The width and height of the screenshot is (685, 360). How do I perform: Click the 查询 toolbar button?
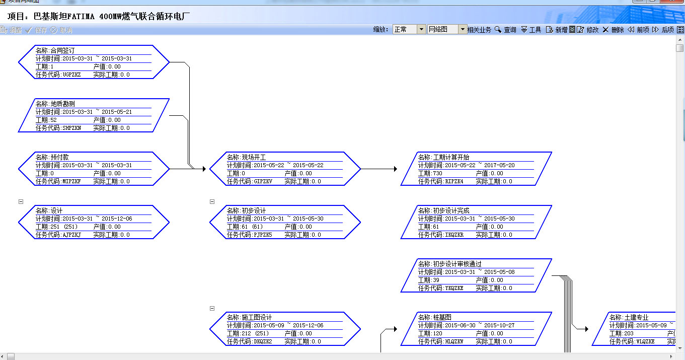(x=506, y=30)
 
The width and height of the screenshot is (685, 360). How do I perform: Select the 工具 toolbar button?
(x=531, y=30)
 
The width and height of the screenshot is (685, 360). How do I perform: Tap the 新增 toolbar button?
(x=557, y=30)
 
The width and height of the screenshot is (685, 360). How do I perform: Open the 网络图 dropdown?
(x=463, y=30)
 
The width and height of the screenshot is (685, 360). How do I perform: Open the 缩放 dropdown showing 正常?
(x=422, y=30)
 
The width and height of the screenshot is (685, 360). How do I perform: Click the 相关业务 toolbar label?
(x=479, y=30)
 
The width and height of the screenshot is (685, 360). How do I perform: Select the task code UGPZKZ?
(x=71, y=75)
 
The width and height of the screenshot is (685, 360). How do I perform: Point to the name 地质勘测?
(x=62, y=104)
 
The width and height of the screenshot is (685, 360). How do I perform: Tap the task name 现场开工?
(x=254, y=157)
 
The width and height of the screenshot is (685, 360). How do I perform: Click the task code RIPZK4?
(x=453, y=181)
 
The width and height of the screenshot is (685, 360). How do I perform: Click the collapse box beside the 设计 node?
(x=21, y=201)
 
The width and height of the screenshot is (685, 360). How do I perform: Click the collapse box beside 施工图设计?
(x=212, y=308)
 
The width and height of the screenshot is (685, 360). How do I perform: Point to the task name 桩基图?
(x=442, y=317)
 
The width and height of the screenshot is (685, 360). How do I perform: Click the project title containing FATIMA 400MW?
(x=99, y=16)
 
